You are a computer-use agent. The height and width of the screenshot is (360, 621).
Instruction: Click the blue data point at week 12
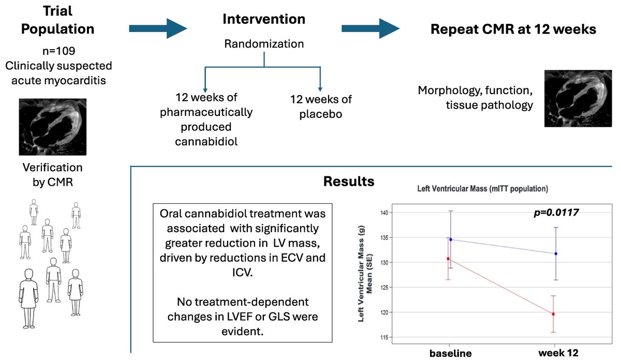coord(556,253)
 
